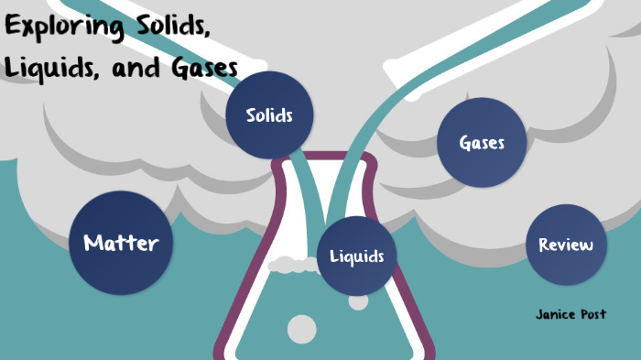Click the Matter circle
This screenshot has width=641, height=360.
[x=121, y=243]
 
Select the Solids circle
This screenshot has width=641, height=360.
[x=269, y=115]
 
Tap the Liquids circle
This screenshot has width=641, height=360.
[x=357, y=256]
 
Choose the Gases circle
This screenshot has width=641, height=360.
[x=482, y=143]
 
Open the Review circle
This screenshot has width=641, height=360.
[x=566, y=245]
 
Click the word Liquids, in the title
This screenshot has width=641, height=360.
[x=45, y=69]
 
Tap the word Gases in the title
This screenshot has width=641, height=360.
[x=197, y=69]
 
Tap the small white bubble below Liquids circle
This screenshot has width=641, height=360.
[x=359, y=300]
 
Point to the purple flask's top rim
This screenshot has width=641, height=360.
[x=324, y=158]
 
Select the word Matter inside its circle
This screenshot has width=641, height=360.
[x=121, y=243]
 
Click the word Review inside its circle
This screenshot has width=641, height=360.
[x=566, y=245]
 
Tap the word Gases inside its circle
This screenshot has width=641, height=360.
[x=482, y=143]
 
